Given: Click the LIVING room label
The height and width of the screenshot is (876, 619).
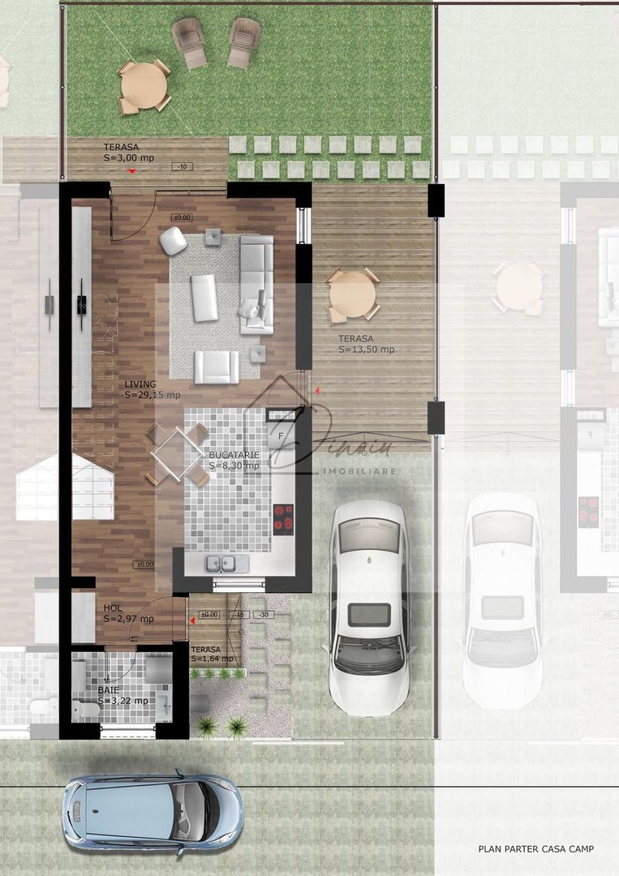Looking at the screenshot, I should click(x=140, y=384).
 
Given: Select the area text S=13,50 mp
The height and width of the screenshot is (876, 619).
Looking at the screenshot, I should click(x=366, y=350).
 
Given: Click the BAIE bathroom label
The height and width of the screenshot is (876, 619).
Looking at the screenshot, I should click(x=108, y=690).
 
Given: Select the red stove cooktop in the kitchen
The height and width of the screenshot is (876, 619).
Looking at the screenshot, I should click(x=283, y=517).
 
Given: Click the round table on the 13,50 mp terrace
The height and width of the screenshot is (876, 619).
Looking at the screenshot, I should click(x=352, y=294).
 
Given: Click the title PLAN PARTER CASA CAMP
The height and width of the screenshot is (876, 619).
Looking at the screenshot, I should click(x=535, y=849).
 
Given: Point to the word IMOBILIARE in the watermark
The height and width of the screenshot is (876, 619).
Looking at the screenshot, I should click(x=359, y=470).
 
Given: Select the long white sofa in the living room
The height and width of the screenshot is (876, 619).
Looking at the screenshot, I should click(x=257, y=283).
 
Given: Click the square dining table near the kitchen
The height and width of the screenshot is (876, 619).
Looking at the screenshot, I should click(x=176, y=453).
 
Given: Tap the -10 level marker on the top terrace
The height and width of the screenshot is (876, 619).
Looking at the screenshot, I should click(x=183, y=166).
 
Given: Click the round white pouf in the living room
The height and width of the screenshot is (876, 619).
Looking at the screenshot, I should click(x=172, y=241).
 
